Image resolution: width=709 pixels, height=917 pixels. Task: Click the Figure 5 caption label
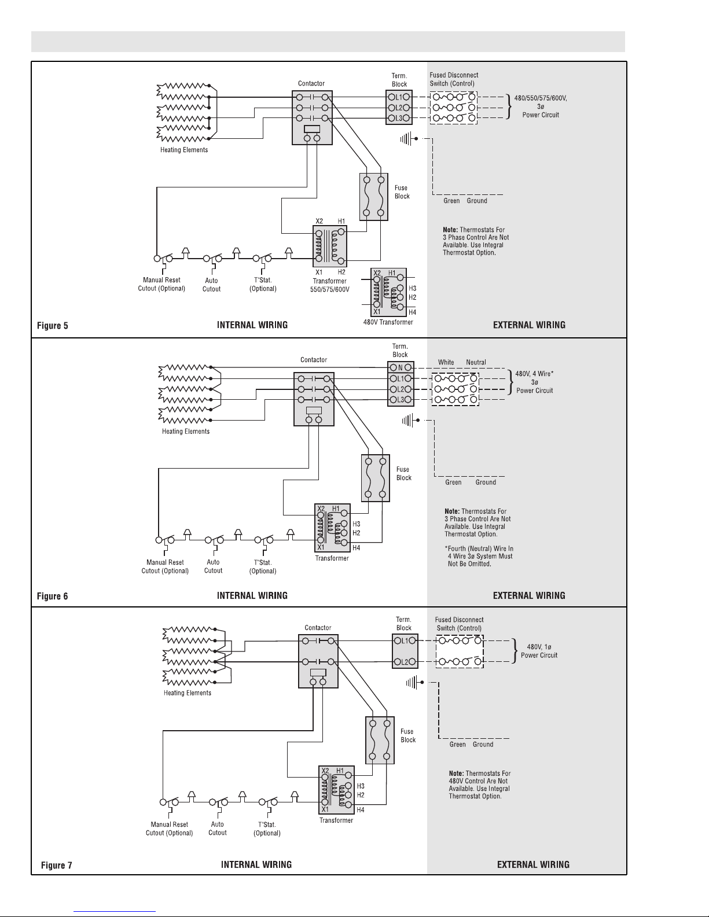click(52, 325)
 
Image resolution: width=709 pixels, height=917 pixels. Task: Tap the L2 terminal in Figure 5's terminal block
click(399, 108)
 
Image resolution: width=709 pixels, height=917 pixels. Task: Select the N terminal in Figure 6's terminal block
click(401, 367)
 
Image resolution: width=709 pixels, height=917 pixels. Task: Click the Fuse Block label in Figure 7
click(407, 735)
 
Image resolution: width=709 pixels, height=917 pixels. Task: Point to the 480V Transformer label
click(388, 322)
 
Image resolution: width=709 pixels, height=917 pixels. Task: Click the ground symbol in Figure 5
click(409, 138)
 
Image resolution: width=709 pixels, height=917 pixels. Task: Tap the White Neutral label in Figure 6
click(462, 362)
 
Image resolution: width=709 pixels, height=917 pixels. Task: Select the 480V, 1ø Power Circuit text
click(539, 651)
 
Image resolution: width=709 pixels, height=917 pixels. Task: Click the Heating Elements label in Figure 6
click(186, 431)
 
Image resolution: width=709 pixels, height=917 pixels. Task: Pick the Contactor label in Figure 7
click(318, 628)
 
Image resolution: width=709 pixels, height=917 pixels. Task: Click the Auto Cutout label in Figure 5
click(211, 285)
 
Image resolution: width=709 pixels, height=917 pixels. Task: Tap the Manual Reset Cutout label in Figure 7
click(169, 828)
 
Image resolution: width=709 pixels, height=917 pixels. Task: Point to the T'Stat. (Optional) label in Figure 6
click(263, 566)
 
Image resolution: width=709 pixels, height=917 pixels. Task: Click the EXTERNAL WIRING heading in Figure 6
click(529, 595)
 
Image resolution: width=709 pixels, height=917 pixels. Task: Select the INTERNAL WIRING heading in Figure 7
click(256, 865)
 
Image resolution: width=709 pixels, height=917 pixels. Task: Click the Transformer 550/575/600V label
click(329, 285)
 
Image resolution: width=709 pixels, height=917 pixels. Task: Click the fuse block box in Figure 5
click(374, 197)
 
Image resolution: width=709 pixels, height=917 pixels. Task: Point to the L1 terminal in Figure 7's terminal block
click(405, 640)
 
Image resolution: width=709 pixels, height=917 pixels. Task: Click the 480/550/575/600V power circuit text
click(541, 106)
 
